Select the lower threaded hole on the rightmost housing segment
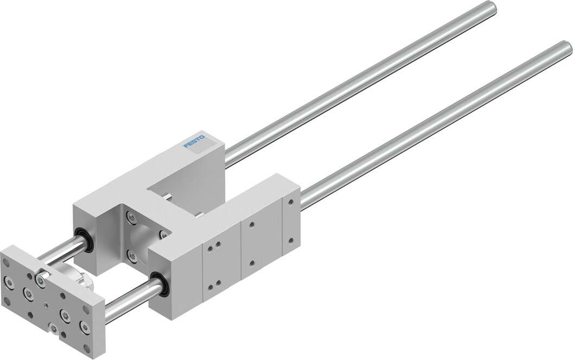click(291, 239)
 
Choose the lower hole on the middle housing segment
click(252, 263)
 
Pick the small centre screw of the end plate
click(46, 305)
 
